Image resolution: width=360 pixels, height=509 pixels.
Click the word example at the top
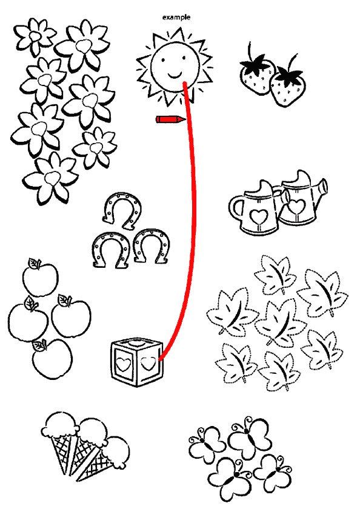pyautogui.click(x=176, y=17)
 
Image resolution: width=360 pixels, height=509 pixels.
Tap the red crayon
pyautogui.click(x=171, y=119)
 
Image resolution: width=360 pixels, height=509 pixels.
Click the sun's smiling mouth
pyautogui.click(x=175, y=76)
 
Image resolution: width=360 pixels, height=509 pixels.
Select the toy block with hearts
pyautogui.click(x=136, y=362)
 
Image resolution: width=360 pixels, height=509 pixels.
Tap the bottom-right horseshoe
pyautogui.click(x=152, y=246)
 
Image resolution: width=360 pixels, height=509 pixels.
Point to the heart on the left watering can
pyautogui.click(x=258, y=215)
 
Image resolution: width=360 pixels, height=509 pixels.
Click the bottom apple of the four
pyautogui.click(x=52, y=359)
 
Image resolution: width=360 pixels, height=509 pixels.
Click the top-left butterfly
pyautogui.click(x=207, y=444)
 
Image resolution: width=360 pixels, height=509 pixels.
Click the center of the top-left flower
pyautogui.click(x=35, y=36)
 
